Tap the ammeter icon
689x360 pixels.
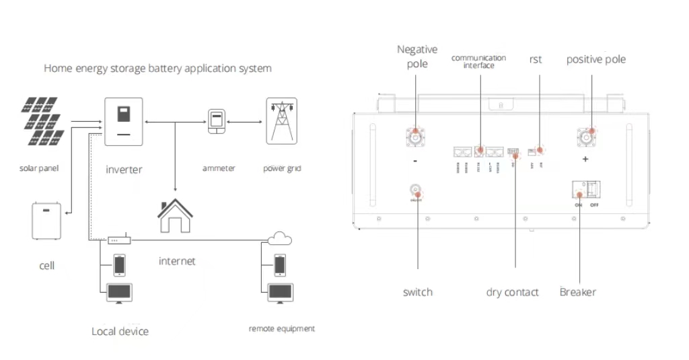(216, 122)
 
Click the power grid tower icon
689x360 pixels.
(281, 121)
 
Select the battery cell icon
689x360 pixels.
(46, 221)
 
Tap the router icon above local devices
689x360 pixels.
(119, 240)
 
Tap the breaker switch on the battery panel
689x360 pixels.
(585, 189)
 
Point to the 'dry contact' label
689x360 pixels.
(512, 292)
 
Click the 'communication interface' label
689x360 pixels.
(478, 61)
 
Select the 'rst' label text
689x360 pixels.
(536, 60)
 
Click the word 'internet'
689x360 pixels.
(177, 260)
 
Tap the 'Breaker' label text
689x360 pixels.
(577, 292)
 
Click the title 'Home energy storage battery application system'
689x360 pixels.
(157, 69)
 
